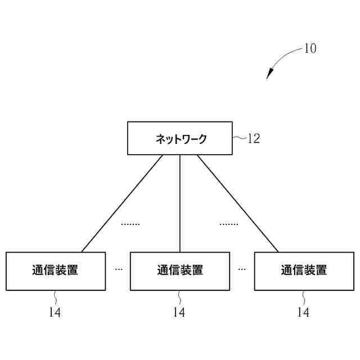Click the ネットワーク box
tap(180, 138)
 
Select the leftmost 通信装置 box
tap(56, 271)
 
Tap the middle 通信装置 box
tap(180, 271)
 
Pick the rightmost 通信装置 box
tap(304, 271)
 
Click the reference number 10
tap(310, 48)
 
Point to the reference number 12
tap(254, 138)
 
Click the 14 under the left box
tap(55, 313)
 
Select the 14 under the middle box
tap(179, 313)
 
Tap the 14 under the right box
tap(303, 313)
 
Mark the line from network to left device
tap(122, 203)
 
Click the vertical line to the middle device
tap(180, 203)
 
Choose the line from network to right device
tap(237, 203)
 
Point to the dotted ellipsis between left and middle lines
tap(130, 224)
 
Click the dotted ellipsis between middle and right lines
tap(229, 224)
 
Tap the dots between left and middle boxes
tap(118, 269)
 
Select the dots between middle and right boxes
tap(242, 269)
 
